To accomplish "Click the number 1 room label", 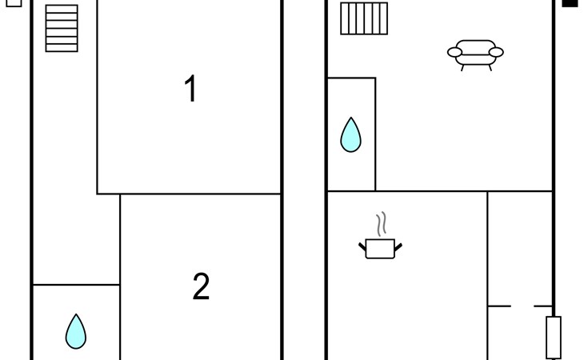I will pos(190,89).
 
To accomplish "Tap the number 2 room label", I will pos(201,286).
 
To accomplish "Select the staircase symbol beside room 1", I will pos(62,28).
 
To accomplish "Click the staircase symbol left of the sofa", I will pos(364,18).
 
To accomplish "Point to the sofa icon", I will pos(475,54).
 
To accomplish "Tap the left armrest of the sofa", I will pos(454,53).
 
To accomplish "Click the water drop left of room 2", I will pos(75,331).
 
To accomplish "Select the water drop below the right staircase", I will pos(350,135).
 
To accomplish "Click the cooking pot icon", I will pos(380,248).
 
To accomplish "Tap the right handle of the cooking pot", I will pos(398,245).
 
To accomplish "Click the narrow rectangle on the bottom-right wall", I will pos(553,337).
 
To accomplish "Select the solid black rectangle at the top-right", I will pos(570,3).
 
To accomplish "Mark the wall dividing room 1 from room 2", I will pos(200,194).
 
